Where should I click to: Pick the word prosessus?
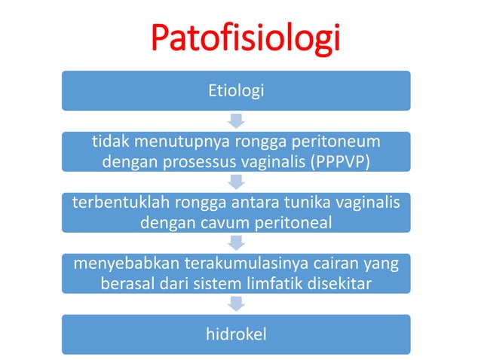[x=197, y=161]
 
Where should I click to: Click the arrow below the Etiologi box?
[x=236, y=121]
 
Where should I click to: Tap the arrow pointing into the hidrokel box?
[x=236, y=303]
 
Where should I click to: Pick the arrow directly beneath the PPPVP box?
[x=236, y=182]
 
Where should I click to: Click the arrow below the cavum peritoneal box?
[x=236, y=243]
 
